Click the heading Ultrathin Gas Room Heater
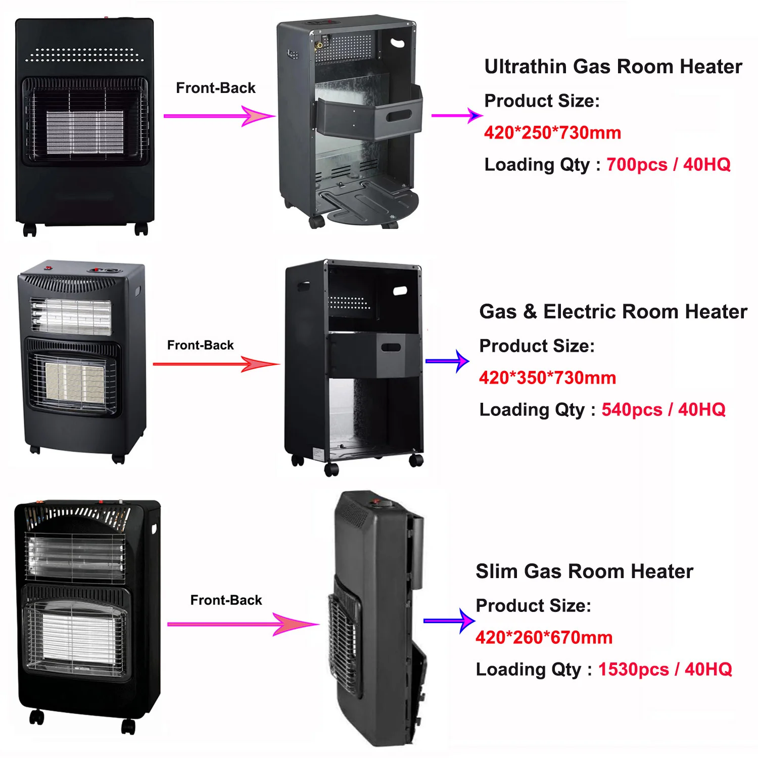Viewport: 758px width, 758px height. coord(613,67)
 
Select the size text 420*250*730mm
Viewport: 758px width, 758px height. coord(552,133)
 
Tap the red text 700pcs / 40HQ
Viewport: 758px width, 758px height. coord(668,165)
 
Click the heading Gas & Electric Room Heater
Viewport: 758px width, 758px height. coord(613,312)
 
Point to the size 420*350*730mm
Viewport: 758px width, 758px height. coord(547,378)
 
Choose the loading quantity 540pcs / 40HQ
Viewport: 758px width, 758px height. coord(663,410)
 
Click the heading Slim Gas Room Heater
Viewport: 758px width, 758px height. coord(584,572)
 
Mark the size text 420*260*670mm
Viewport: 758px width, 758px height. coord(544,638)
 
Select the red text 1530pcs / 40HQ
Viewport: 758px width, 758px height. coord(665,670)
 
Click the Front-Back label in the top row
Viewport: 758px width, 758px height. coord(216,88)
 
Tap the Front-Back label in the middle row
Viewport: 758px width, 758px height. coord(201,345)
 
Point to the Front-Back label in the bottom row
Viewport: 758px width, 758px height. coord(226,600)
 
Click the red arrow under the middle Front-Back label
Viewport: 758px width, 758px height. coord(216,364)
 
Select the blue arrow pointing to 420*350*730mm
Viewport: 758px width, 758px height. coord(447,361)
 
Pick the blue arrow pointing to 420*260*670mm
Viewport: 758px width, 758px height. coord(449,621)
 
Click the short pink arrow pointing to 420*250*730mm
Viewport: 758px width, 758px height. coord(456,116)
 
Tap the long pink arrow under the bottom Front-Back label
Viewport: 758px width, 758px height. coord(243,625)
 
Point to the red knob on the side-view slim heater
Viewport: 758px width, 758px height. coord(376,502)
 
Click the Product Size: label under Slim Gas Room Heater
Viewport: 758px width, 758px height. coord(533,606)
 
